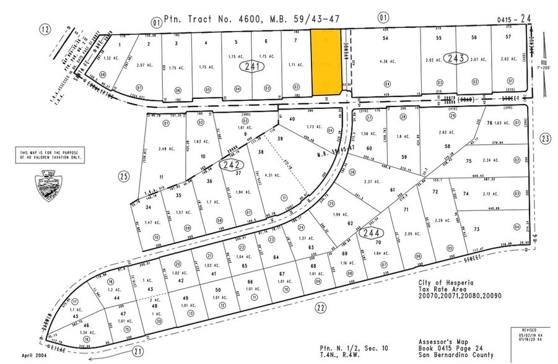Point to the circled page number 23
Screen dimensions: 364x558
[x=545, y=139]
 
